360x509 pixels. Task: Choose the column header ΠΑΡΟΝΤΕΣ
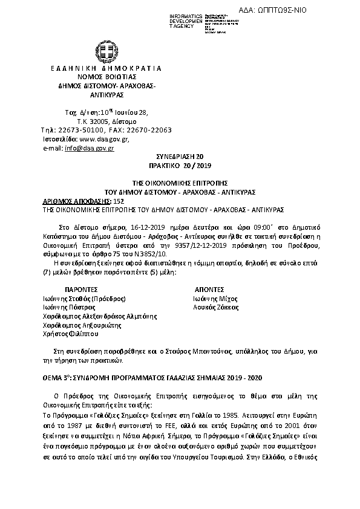[x=82, y=290]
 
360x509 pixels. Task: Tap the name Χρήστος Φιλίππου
[x=71, y=333]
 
